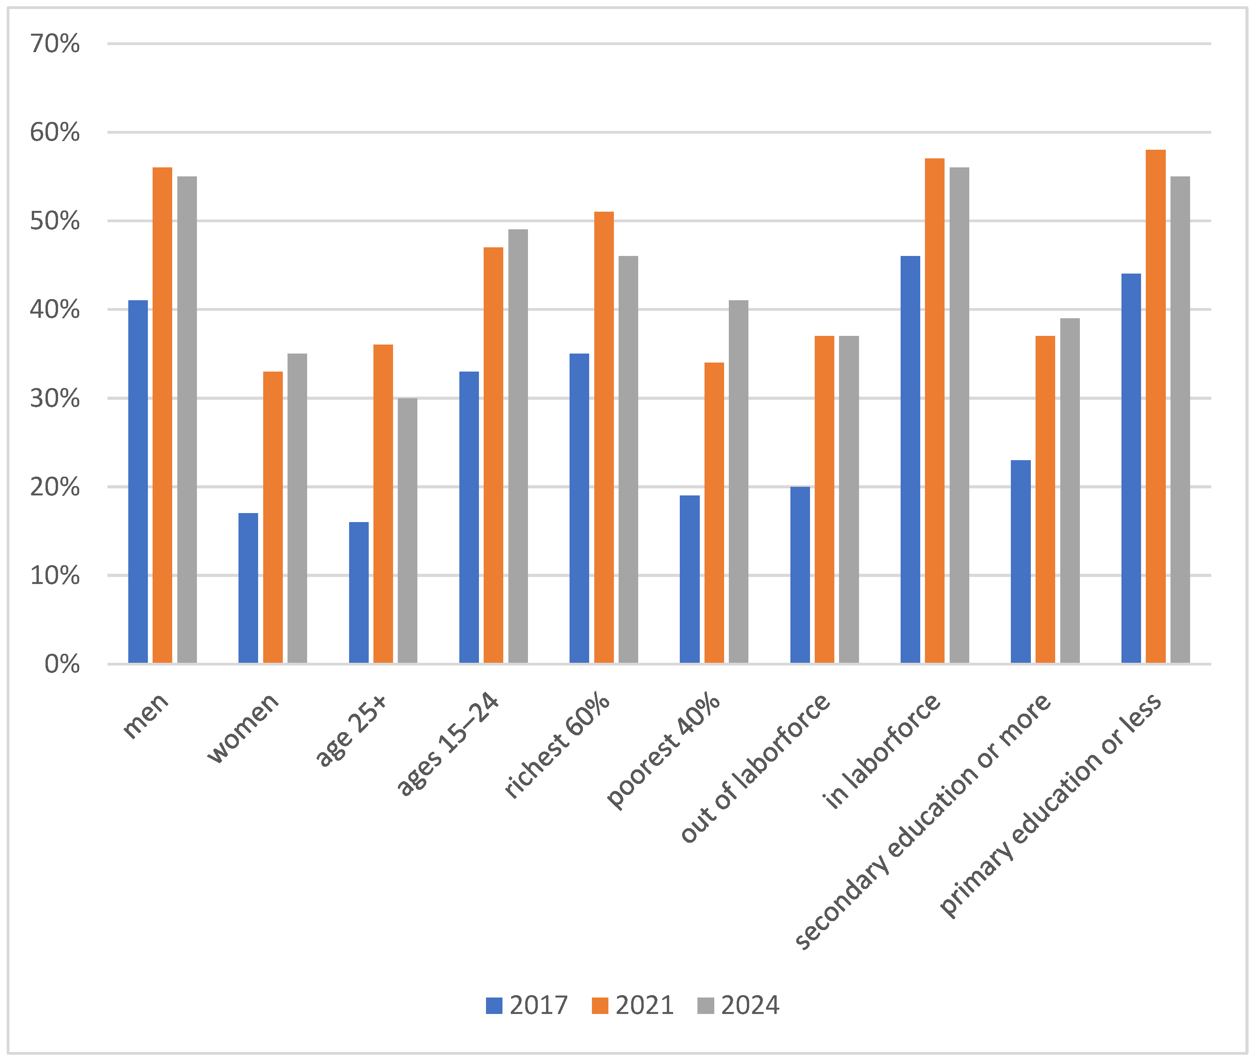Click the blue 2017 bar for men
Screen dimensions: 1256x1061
(138, 482)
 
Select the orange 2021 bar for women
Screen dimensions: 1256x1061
(273, 517)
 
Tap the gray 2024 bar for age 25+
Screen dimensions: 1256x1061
(408, 531)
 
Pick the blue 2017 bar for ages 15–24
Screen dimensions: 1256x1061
(469, 517)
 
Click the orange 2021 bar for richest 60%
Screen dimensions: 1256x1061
(604, 437)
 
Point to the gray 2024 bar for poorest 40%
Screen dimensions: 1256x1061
(739, 482)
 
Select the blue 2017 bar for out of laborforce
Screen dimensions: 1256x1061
(800, 575)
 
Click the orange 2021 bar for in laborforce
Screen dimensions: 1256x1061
(935, 411)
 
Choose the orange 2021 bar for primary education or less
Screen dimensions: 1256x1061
(1156, 406)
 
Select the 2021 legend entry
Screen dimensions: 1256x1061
(633, 1005)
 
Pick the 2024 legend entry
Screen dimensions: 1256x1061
(739, 1005)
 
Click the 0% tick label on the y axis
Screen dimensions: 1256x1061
(62, 664)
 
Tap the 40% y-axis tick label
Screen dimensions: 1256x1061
(55, 310)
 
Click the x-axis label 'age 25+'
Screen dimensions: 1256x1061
(353, 729)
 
